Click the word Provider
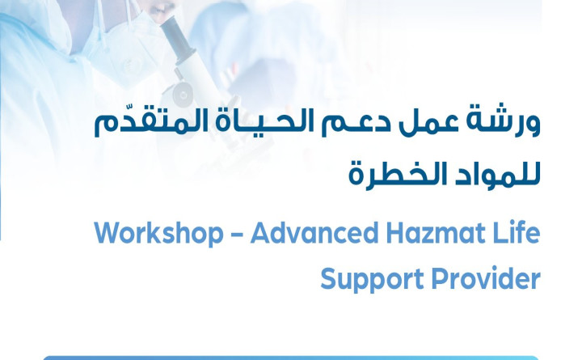click(480, 279)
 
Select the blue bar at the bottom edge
click(291, 357)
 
